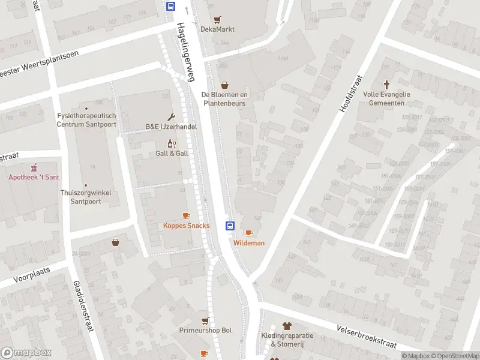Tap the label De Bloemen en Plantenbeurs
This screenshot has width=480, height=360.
(224, 99)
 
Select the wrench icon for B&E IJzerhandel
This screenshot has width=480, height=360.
(172, 117)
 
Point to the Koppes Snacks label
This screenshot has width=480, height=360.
(186, 226)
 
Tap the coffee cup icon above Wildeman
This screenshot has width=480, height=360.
(249, 233)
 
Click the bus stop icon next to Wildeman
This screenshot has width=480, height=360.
(229, 226)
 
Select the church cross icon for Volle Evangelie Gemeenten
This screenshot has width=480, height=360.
(387, 85)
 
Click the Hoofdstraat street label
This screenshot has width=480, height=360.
(350, 94)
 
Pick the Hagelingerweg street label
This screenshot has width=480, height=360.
(186, 52)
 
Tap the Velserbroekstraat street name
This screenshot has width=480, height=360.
(367, 336)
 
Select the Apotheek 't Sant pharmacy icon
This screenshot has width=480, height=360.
(34, 167)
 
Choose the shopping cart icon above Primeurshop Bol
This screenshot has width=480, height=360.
(205, 321)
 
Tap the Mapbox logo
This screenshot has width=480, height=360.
(26, 353)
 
